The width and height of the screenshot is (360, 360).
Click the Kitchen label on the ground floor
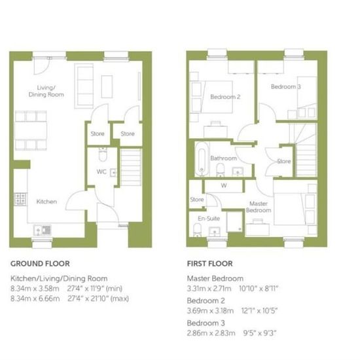(46, 202)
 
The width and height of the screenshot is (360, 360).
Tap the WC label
(101, 171)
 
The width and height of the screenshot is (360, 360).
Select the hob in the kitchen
(20, 199)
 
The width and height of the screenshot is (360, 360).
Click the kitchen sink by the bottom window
(43, 230)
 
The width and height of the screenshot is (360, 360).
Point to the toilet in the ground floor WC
(103, 154)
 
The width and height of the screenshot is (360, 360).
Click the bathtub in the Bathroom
(202, 159)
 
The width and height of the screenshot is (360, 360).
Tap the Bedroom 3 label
(285, 86)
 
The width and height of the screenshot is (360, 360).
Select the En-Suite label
(209, 219)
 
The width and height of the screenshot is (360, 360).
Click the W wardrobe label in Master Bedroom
(224, 185)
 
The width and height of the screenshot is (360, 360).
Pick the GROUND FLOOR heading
(40, 264)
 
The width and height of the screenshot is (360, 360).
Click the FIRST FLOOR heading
(210, 264)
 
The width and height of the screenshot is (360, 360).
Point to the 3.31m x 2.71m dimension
(209, 289)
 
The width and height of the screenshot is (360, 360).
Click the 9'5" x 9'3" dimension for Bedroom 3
(260, 333)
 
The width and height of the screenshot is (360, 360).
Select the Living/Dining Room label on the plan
(46, 91)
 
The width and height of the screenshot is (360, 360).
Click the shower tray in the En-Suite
(234, 222)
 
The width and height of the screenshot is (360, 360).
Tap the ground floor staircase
(131, 167)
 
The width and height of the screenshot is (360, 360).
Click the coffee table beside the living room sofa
(107, 86)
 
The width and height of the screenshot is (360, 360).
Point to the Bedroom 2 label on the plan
(225, 97)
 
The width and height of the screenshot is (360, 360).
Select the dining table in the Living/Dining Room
(31, 130)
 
